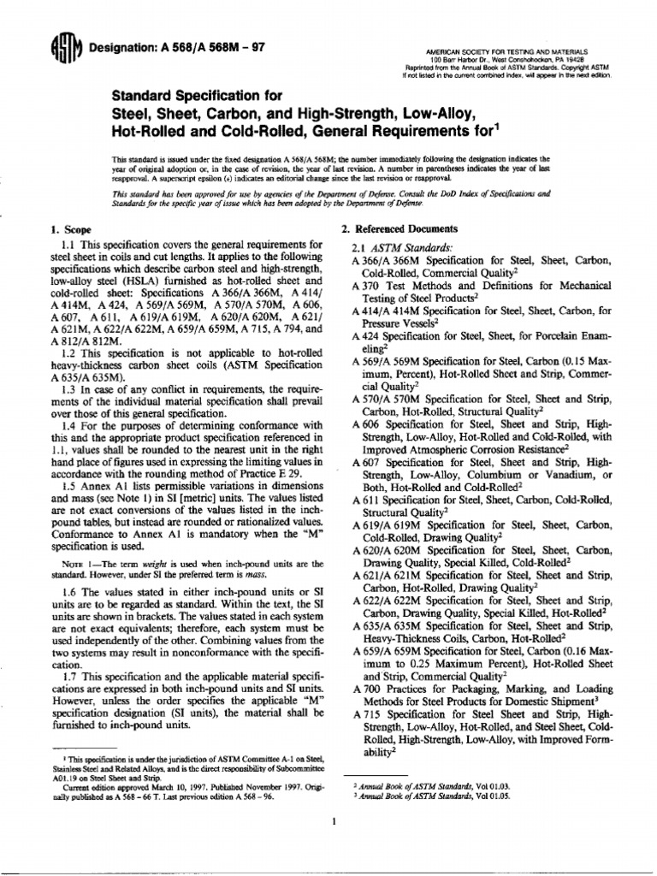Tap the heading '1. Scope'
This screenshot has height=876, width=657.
(x=73, y=230)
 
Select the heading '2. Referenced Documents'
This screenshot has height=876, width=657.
(x=400, y=229)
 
